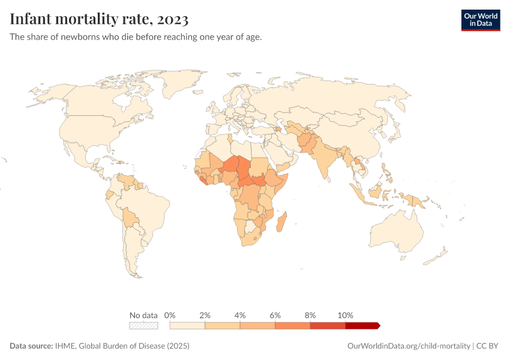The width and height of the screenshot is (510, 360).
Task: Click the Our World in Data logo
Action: pyautogui.click(x=481, y=20)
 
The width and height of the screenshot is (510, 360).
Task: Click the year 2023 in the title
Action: pyautogui.click(x=172, y=19)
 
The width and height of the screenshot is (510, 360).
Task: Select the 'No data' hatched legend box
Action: pyautogui.click(x=143, y=326)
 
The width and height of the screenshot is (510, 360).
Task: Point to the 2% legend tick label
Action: pyautogui.click(x=205, y=315)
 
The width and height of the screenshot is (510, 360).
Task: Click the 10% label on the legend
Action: pyautogui.click(x=345, y=315)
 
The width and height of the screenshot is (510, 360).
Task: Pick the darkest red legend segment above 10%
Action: pyautogui.click(x=362, y=326)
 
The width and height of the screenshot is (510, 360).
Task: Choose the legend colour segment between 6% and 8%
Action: pyautogui.click(x=293, y=326)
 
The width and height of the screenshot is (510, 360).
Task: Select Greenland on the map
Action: pyautogui.click(x=181, y=82)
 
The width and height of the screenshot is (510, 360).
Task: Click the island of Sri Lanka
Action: pyautogui.click(x=329, y=179)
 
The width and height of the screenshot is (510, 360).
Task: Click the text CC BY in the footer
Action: pyautogui.click(x=487, y=346)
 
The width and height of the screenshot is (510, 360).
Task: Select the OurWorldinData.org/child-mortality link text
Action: pyautogui.click(x=409, y=346)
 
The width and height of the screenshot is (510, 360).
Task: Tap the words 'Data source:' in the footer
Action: pyautogui.click(x=31, y=346)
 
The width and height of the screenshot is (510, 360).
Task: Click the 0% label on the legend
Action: pyautogui.click(x=170, y=315)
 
